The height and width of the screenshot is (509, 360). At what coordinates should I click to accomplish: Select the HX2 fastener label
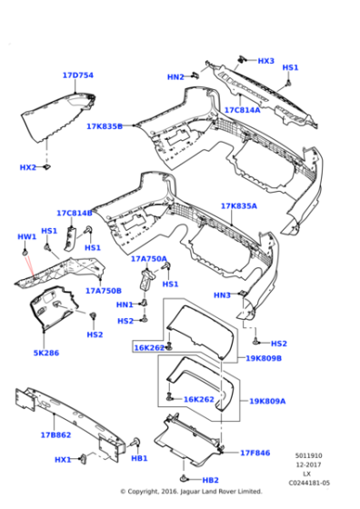28,167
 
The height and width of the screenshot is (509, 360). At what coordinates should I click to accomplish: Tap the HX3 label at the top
265,61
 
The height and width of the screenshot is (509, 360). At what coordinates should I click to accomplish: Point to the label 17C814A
242,110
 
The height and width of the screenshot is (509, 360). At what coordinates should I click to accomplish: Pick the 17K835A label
238,206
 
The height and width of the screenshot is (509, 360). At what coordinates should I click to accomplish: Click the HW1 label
27,237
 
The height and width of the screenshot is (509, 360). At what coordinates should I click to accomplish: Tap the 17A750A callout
149,258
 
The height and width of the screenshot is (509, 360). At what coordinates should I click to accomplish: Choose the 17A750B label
104,291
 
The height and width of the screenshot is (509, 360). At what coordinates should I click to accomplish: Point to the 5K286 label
46,352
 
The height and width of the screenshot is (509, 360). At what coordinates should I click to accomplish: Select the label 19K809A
267,400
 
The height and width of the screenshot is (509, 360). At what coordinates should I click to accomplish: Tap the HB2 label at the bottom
210,480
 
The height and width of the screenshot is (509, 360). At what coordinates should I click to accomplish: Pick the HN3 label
222,294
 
